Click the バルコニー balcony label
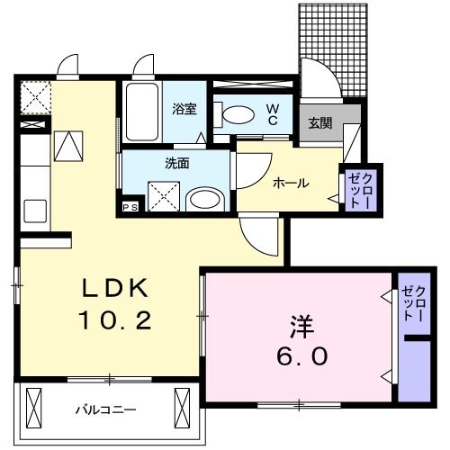pos(105,409)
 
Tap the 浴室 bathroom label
pos(185,109)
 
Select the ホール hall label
pos(290,183)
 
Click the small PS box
pos(129,208)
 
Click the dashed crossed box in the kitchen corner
pos(35,95)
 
